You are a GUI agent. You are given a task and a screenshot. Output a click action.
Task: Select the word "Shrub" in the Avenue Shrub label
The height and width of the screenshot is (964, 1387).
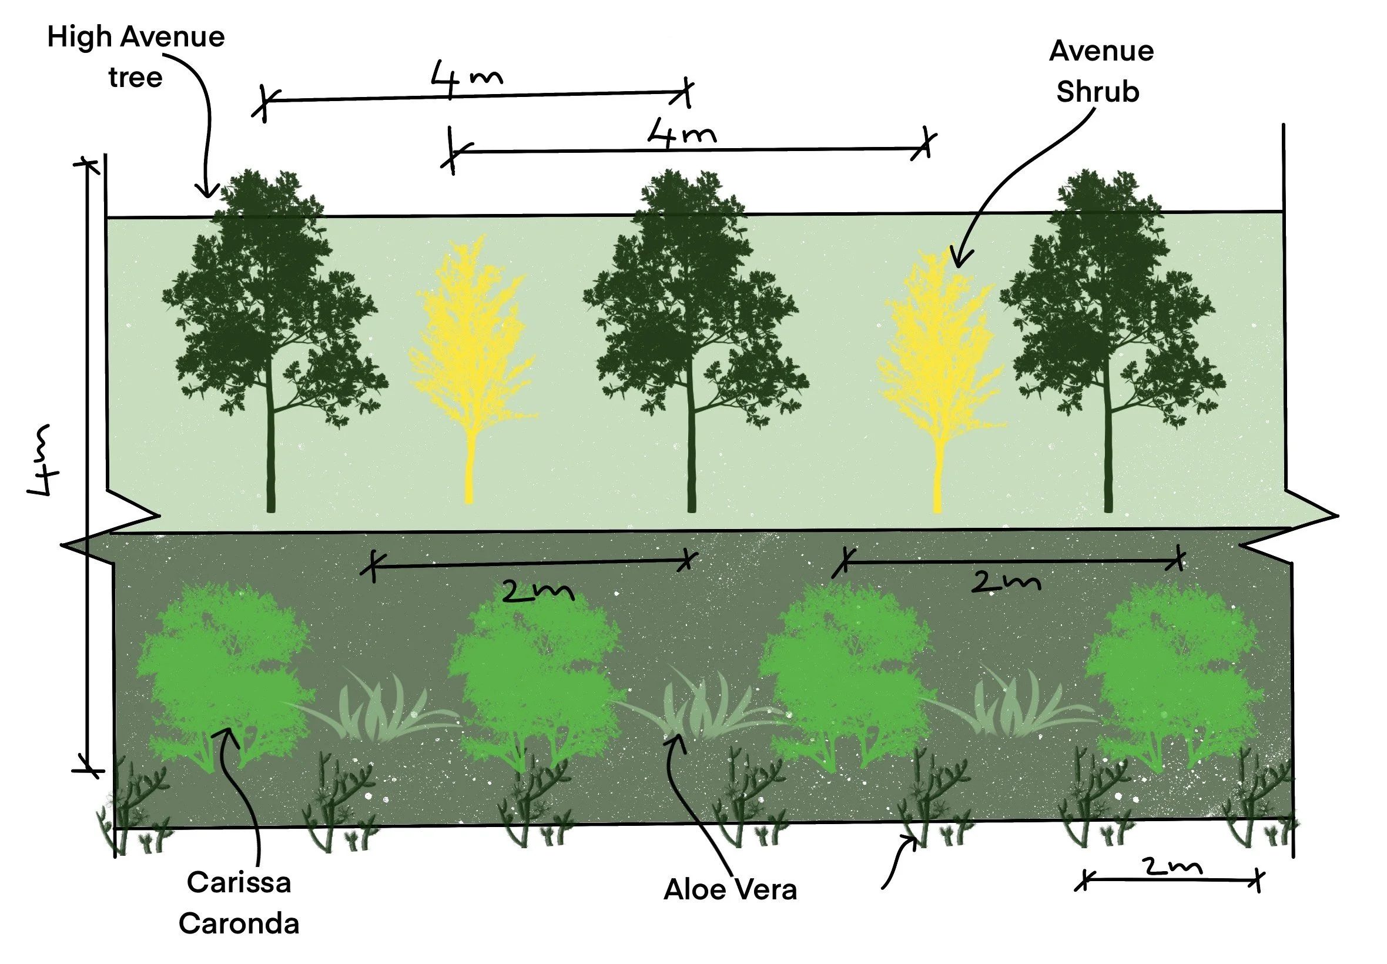tap(1097, 92)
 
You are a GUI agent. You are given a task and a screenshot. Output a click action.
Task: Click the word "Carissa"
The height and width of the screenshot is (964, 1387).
tap(239, 882)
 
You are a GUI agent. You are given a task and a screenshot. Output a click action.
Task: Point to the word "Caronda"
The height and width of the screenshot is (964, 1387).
tap(239, 924)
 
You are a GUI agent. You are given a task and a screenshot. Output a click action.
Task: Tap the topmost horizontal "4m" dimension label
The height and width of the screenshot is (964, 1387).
tap(466, 79)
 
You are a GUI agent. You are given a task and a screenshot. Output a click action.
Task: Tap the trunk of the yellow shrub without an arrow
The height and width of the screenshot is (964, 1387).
tap(469, 465)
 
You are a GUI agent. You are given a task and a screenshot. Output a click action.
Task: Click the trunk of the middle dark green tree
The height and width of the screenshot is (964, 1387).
tap(691, 459)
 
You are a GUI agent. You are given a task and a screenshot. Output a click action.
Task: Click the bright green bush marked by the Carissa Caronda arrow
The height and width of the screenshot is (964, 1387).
tap(223, 671)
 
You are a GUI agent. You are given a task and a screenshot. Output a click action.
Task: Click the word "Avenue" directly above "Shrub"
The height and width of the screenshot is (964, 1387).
tap(1101, 51)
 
